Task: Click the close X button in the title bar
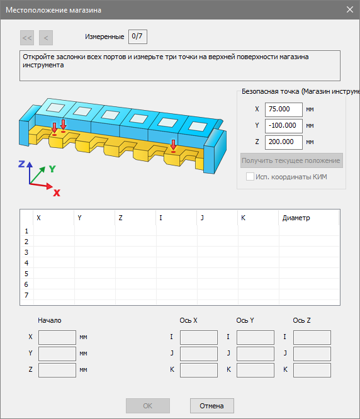(349, 9)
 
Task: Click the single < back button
(46, 38)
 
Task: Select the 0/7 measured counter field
(138, 36)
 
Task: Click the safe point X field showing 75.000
(284, 109)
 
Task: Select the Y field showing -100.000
(284, 126)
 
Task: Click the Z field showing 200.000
(284, 142)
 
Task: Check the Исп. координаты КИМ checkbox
(250, 177)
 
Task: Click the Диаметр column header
(296, 218)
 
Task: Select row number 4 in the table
(26, 263)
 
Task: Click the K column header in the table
(243, 218)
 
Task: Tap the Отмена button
(211, 406)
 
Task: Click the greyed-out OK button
(147, 406)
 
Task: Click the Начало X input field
(57, 337)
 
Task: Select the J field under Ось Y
(256, 354)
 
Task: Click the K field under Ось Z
(312, 370)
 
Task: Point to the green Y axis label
(52, 169)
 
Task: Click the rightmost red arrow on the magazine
(174, 144)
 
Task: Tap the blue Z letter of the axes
(21, 164)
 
